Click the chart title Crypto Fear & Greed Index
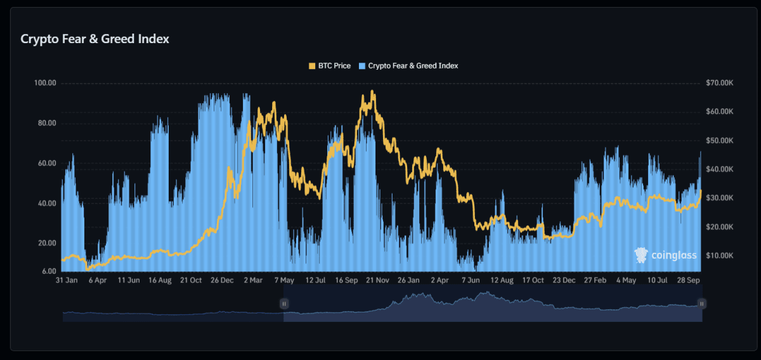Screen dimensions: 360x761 click(x=95, y=39)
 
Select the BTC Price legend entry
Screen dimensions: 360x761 click(x=329, y=66)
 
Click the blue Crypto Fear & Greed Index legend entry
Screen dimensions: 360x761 click(x=408, y=66)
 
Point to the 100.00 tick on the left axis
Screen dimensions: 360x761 click(x=45, y=83)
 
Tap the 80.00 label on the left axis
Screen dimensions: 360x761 click(x=47, y=123)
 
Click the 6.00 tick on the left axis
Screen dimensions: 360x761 click(x=49, y=271)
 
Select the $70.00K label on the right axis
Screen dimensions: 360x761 click(x=719, y=83)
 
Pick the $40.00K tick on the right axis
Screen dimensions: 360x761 click(x=719, y=169)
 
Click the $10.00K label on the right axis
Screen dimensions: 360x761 click(x=719, y=255)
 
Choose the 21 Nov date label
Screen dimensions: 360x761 click(x=377, y=280)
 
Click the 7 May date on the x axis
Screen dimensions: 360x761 click(x=283, y=280)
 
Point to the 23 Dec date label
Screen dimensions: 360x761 click(x=564, y=280)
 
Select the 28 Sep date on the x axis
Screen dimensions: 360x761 click(x=688, y=280)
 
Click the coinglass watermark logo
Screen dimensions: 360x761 click(x=665, y=255)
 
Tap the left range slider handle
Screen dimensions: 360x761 click(x=284, y=304)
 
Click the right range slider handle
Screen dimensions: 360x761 click(x=702, y=304)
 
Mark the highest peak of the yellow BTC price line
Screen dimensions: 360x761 click(x=372, y=91)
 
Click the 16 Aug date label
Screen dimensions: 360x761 click(x=160, y=280)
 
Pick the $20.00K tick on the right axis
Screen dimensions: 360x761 click(x=719, y=227)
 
